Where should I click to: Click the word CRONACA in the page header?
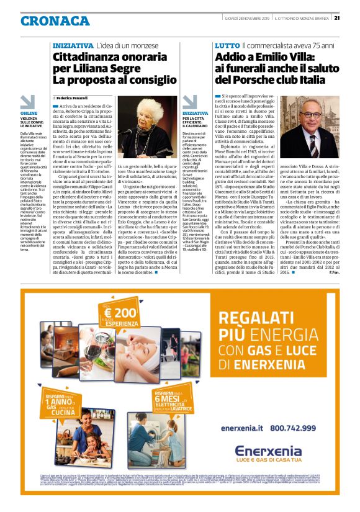pyautogui.click(x=55, y=20)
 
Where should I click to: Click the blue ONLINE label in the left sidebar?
pyautogui.click(x=29, y=113)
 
